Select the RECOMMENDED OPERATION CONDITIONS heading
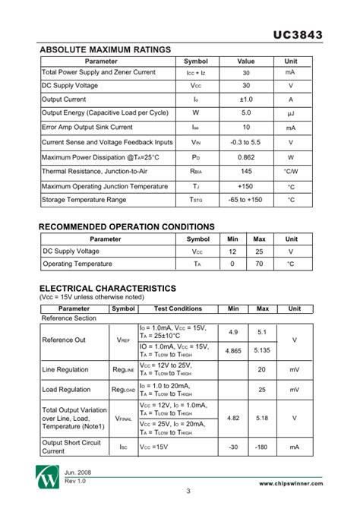127,226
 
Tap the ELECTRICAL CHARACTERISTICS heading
108,289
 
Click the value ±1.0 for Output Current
246,100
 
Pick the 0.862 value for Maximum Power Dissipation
246,157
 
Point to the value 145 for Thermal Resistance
246,172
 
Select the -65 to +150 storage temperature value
246,201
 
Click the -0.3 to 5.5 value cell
246,143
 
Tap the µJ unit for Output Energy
290,114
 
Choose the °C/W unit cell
290,172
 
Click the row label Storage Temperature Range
84,201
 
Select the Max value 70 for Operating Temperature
259,264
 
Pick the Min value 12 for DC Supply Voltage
232,251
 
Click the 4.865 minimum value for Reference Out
232,350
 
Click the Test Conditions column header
178,309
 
